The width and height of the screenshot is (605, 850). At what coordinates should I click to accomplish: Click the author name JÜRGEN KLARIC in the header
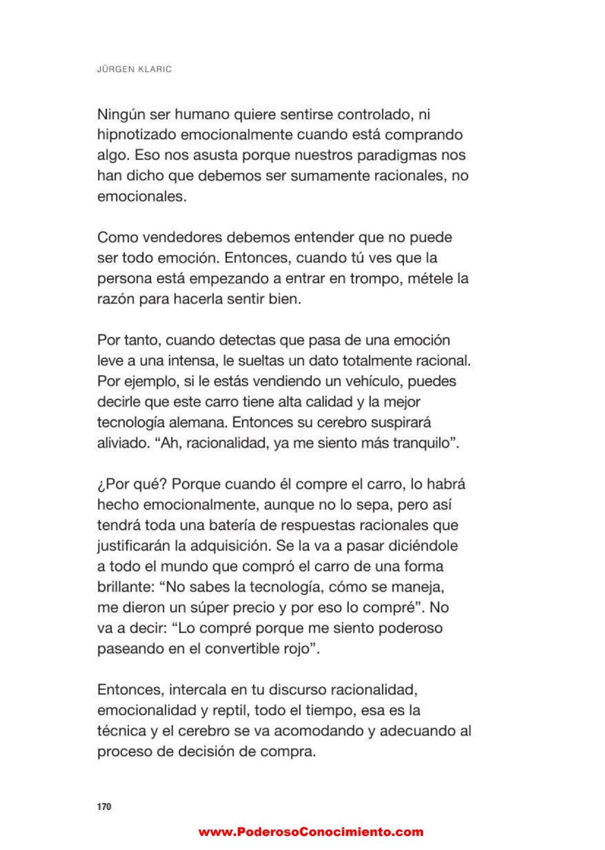tap(134, 69)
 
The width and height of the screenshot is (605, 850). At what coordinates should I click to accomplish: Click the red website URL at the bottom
tap(311, 832)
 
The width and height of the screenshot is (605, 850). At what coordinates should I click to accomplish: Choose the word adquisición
tap(227, 546)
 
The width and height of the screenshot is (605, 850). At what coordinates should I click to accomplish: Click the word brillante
tap(124, 587)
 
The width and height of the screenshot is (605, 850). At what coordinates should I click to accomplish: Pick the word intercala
tap(203, 690)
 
